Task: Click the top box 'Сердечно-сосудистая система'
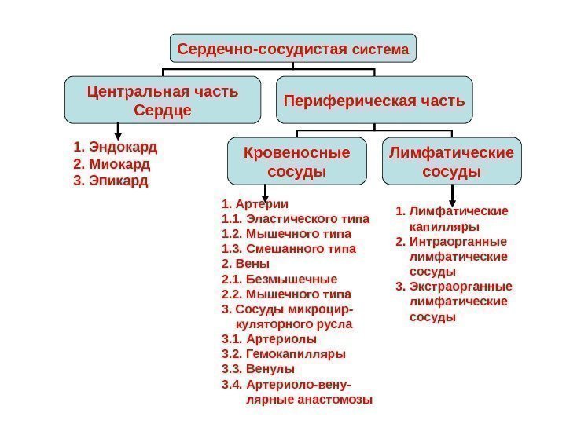pos(293,49)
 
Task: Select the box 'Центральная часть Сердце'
pos(163,100)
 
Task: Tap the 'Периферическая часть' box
pos(374,101)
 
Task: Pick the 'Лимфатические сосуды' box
pos(451,159)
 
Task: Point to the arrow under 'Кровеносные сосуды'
pos(265,192)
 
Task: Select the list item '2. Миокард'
pos(111,164)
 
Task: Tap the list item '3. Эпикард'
pos(110,181)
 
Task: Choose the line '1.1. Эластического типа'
pos(287,219)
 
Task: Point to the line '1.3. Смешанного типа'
pos(289,249)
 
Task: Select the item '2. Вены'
pos(246,264)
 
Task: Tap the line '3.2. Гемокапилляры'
pos(284,354)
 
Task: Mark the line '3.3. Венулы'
pos(259,369)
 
